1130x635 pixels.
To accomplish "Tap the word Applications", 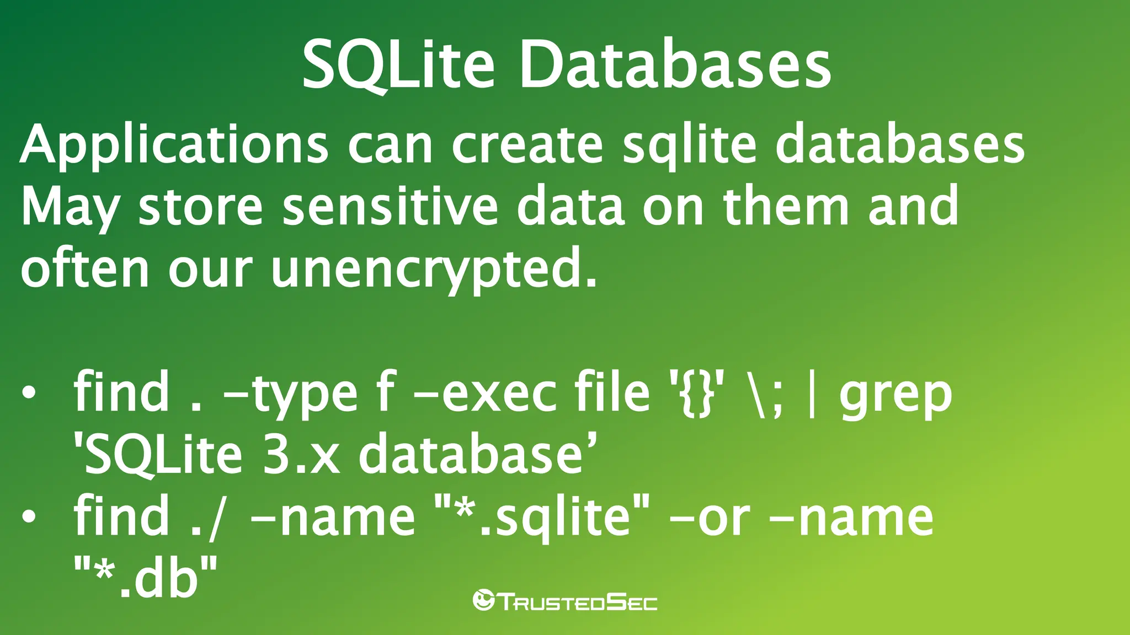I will [x=174, y=144].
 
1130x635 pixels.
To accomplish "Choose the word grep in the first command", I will [x=896, y=395].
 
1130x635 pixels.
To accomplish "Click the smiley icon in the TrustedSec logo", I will [x=484, y=600].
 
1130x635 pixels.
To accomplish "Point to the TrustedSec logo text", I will [x=578, y=602].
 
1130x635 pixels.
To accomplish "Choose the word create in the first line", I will [x=527, y=144].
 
